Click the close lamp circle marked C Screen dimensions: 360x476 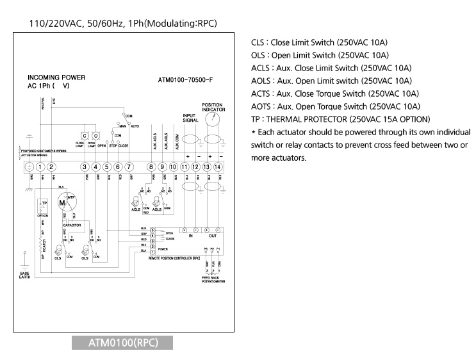pos(84,136)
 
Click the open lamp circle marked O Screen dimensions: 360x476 pos(95,136)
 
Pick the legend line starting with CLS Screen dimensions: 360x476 pos(320,42)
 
